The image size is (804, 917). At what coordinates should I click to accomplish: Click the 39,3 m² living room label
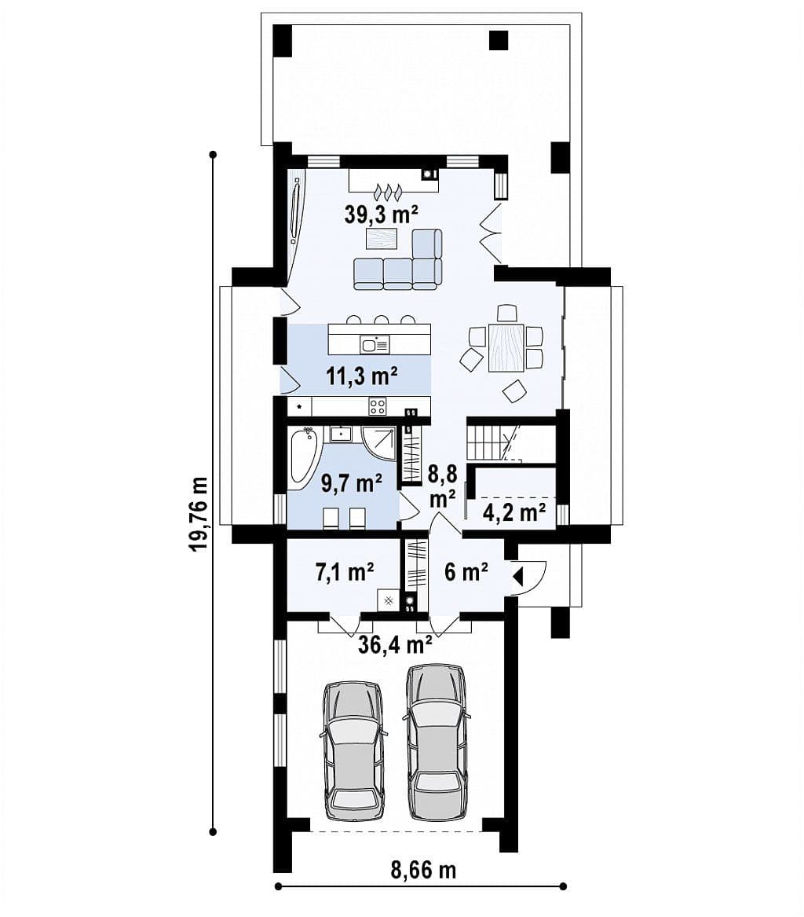[x=380, y=215]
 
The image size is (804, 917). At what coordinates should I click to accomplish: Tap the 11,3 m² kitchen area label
[x=362, y=376]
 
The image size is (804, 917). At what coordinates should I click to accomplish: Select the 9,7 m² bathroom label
[x=352, y=483]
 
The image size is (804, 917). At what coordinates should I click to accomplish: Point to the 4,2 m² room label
[x=514, y=512]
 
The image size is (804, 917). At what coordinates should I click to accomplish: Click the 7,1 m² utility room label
[x=345, y=571]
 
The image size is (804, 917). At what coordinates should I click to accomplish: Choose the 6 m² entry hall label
[x=466, y=571]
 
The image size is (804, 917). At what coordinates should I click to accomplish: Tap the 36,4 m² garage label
[x=395, y=644]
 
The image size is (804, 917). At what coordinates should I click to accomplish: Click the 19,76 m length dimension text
[x=199, y=514]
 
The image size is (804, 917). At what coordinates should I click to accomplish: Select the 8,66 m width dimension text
[x=423, y=870]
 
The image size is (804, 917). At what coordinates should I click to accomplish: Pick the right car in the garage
[x=437, y=743]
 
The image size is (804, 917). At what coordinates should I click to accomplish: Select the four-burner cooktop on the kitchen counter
[x=378, y=406]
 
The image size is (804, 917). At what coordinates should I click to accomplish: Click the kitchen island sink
[x=375, y=344]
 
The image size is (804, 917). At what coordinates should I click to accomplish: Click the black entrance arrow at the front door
[x=517, y=578]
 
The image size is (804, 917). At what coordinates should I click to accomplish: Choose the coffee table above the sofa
[x=382, y=239]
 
